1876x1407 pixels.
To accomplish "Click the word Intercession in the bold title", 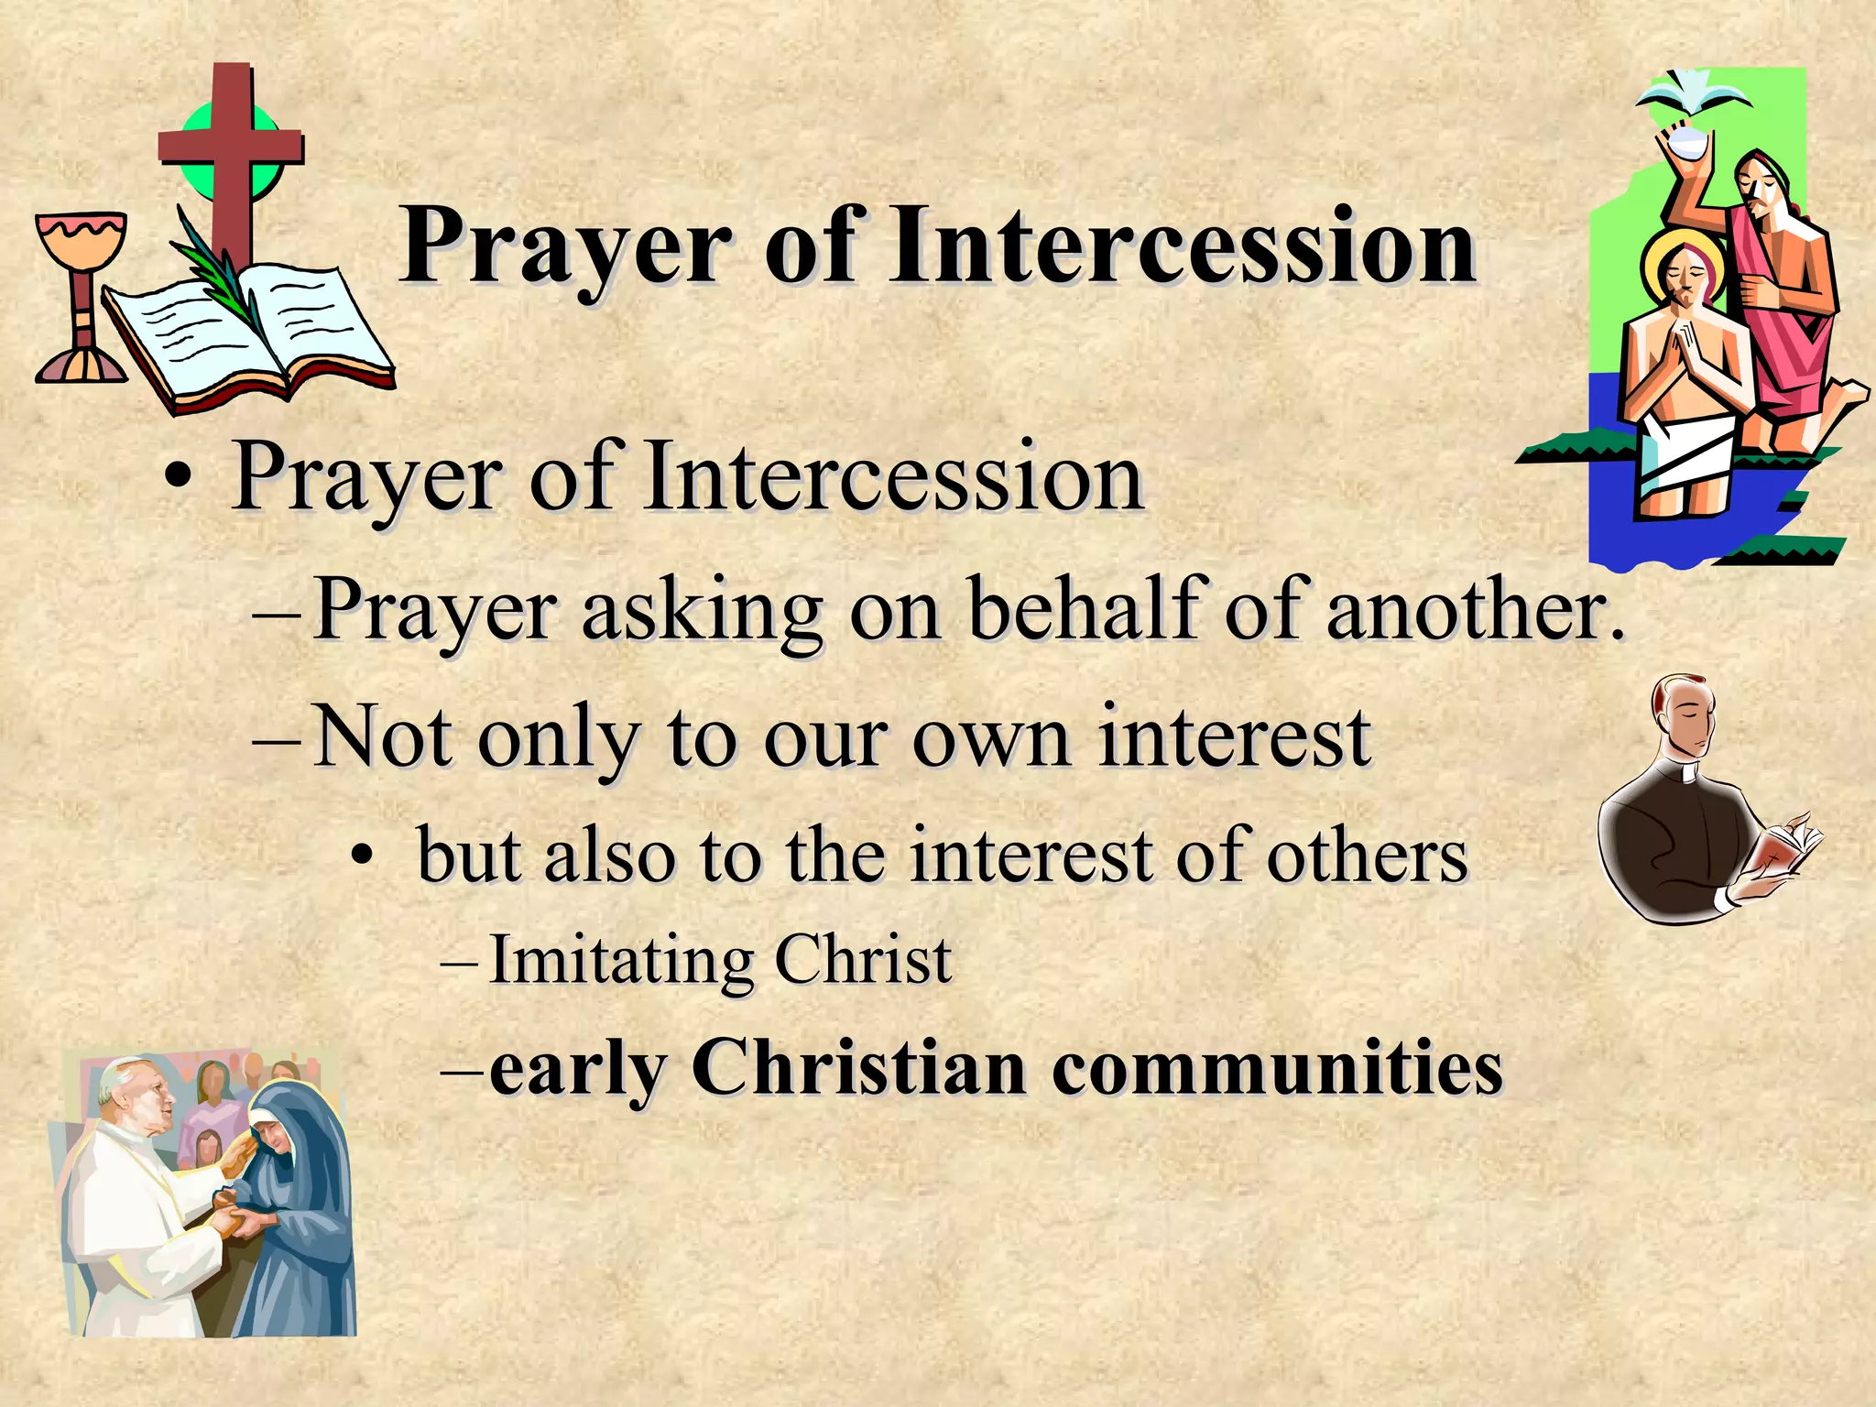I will pyautogui.click(x=1182, y=245).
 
